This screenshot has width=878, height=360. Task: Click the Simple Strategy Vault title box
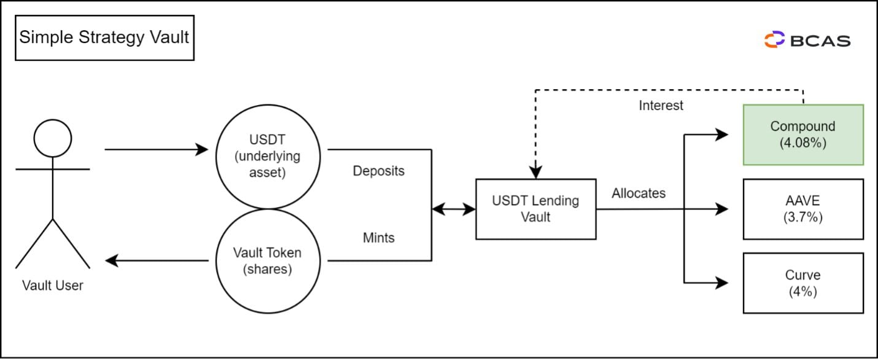[x=104, y=37]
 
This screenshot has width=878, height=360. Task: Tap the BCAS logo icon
[x=774, y=40]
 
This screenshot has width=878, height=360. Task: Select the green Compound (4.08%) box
[x=803, y=135]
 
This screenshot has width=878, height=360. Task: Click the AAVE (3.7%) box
[x=803, y=209]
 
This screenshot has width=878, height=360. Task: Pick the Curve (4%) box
[x=803, y=283]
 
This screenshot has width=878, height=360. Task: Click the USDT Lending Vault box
[x=535, y=209]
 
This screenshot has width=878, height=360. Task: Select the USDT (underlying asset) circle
[x=268, y=156]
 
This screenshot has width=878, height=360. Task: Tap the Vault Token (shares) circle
[x=268, y=261]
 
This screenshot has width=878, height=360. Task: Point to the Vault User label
[x=53, y=286]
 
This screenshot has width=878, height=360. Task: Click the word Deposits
[x=378, y=171]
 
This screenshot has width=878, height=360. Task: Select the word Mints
[x=378, y=237]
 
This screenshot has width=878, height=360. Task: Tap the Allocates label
[x=638, y=193]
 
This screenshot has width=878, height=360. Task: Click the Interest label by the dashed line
[x=661, y=105]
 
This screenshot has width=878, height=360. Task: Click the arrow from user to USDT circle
[x=157, y=149]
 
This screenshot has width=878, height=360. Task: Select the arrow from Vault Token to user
[x=157, y=261]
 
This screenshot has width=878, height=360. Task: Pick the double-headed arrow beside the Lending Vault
[x=454, y=209]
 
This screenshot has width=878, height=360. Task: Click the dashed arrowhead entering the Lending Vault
[x=535, y=173]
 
